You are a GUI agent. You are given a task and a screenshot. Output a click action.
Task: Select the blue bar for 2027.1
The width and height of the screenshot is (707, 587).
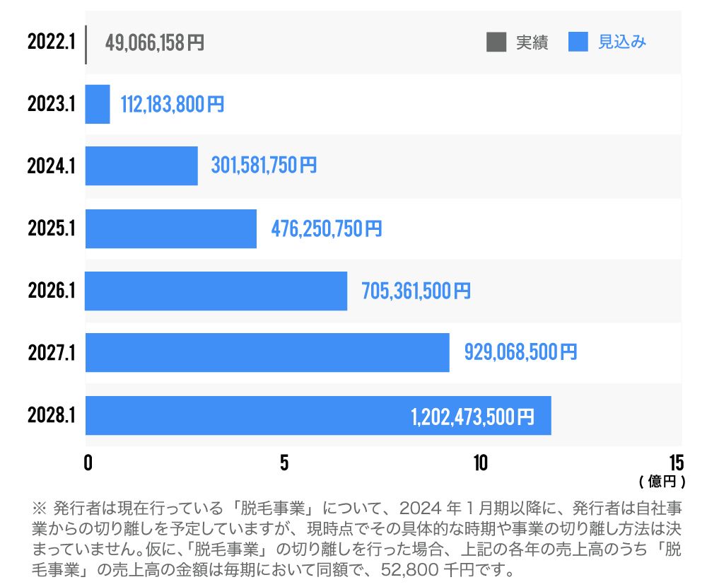point(267,352)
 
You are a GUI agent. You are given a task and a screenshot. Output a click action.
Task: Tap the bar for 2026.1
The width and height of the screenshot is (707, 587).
point(216,291)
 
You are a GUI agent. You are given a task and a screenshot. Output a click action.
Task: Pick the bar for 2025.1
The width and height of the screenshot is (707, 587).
point(171,228)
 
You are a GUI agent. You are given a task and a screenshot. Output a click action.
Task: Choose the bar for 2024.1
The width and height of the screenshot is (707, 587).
point(141,166)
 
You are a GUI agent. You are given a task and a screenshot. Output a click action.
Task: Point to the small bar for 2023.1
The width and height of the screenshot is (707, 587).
point(98,104)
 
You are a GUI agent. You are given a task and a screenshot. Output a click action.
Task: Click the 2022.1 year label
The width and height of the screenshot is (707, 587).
point(52,42)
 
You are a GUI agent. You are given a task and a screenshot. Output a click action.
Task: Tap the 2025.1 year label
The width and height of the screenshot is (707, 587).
point(52,228)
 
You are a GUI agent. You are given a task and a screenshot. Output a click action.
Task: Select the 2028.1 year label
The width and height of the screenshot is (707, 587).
point(52,415)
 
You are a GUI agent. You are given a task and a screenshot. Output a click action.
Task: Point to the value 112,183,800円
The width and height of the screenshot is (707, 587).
point(173,105)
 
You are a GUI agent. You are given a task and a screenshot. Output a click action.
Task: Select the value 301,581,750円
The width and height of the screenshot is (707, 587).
point(264,166)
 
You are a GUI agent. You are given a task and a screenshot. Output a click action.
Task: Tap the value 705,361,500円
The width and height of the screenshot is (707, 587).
point(416,291)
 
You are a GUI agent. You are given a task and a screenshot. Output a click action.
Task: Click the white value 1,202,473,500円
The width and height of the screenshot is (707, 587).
point(472,417)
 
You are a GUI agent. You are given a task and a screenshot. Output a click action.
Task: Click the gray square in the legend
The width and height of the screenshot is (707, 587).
point(496,42)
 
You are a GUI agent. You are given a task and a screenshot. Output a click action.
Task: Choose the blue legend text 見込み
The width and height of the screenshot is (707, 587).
point(622,42)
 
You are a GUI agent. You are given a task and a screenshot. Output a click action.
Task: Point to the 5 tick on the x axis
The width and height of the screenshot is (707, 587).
point(284,463)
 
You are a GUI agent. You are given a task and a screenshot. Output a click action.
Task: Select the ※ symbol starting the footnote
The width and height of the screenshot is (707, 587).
point(39,508)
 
